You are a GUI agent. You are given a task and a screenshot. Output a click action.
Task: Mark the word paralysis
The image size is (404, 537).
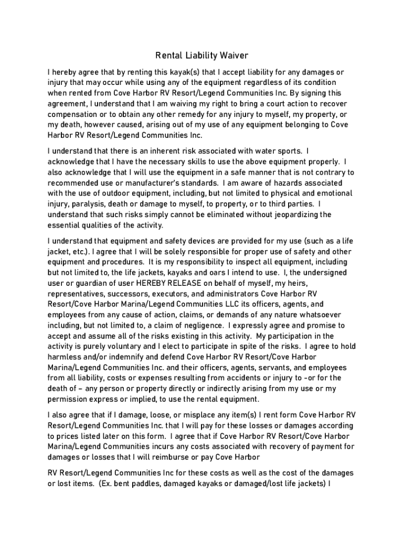[89, 204]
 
